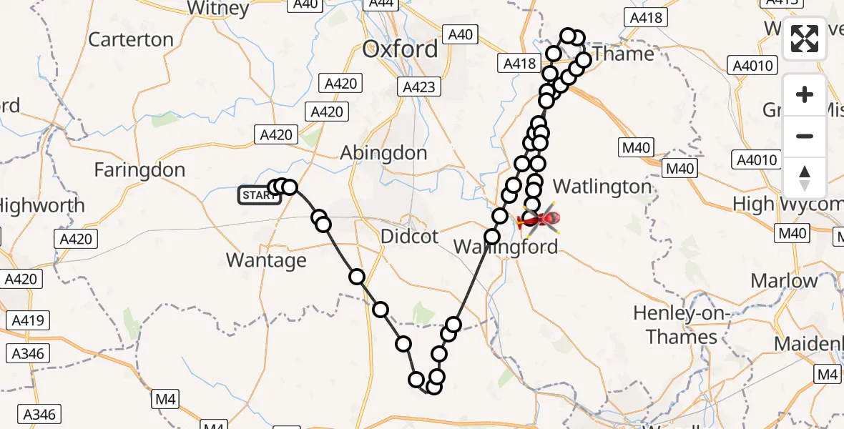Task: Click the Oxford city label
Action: tap(400, 49)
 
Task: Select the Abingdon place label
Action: tap(383, 153)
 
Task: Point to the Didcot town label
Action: tap(409, 237)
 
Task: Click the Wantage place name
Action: tap(266, 260)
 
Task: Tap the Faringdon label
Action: tap(139, 170)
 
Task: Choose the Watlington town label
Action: tap(602, 187)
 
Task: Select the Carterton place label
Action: tap(130, 39)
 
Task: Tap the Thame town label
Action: tap(623, 54)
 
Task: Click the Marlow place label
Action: tap(784, 280)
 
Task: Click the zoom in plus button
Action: tap(805, 94)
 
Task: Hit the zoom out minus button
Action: tap(805, 136)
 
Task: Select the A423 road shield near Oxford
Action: tap(418, 87)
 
